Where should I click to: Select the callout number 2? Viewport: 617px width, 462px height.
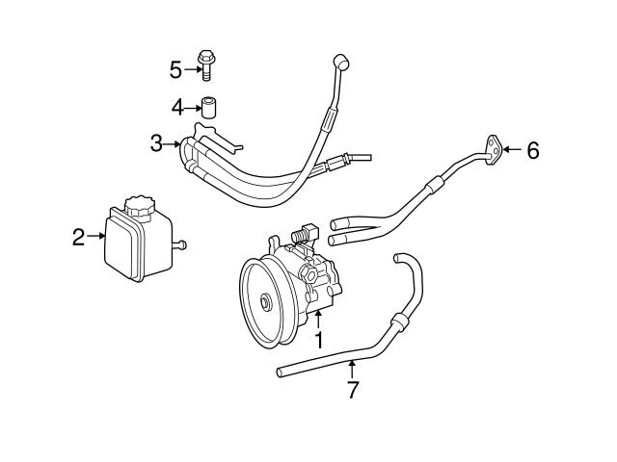pos(79,236)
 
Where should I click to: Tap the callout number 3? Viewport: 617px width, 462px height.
pos(156,145)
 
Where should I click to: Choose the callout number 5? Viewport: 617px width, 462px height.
pos(175,69)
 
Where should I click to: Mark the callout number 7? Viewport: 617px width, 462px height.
pos(353,390)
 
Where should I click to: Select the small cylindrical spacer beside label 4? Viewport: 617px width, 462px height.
pos(208,105)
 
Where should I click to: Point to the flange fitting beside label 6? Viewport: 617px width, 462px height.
pos(494,147)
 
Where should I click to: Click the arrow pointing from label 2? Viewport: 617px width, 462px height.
pos(96,236)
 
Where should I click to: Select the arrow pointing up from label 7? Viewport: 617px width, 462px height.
pos(353,369)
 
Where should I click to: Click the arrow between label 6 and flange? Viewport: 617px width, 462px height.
pos(513,149)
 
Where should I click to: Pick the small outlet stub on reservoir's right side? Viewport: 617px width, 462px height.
pos(178,246)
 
